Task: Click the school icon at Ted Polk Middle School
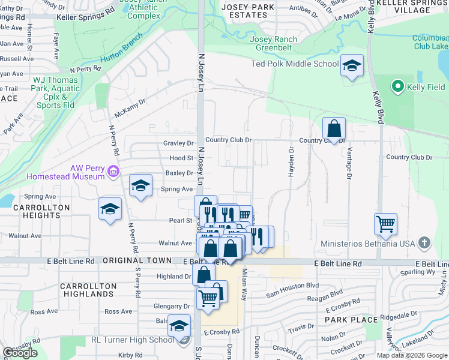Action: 352,65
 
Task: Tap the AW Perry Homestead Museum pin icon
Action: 112,173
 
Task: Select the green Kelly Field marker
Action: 396,87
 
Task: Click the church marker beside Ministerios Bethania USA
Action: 424,243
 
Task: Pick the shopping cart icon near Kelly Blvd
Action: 385,224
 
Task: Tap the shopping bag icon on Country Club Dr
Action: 334,128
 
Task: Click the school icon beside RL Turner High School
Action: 179,326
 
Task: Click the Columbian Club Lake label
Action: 430,42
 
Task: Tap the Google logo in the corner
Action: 20,353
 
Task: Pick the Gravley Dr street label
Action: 178,143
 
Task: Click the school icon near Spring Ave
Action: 140,185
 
